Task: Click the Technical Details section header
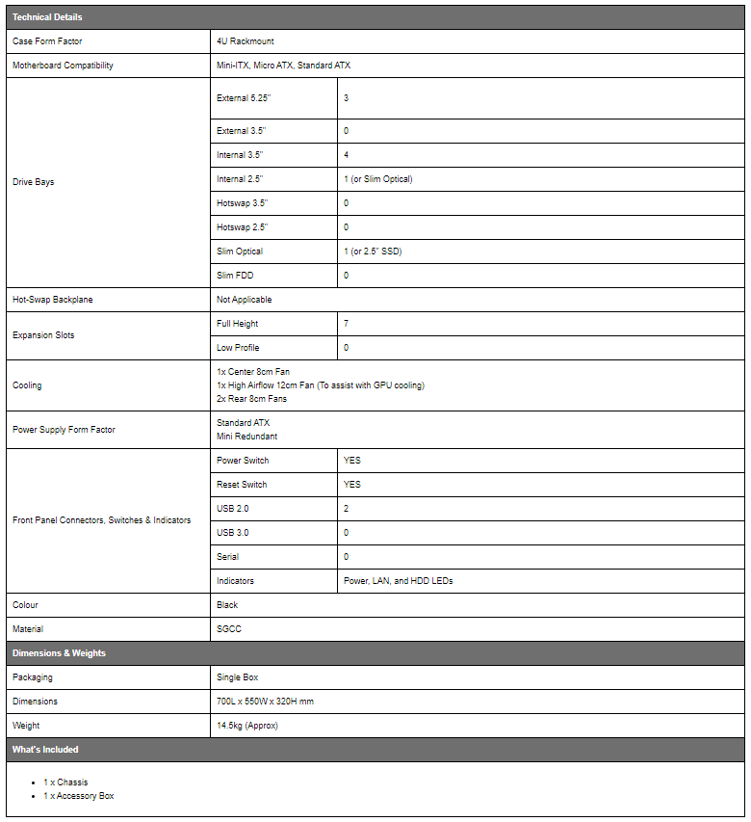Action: (47, 17)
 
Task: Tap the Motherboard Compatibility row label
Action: (63, 66)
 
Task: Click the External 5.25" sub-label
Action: (245, 98)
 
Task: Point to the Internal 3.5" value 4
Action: (347, 154)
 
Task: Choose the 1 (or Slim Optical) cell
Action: (377, 179)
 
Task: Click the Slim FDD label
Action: (235, 276)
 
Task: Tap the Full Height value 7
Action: (347, 324)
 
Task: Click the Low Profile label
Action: (238, 348)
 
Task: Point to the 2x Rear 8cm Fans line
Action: (251, 399)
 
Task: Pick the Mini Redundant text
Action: (246, 437)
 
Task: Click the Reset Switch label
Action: (242, 485)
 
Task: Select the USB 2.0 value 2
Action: (347, 509)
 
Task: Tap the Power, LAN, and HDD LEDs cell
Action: (398, 581)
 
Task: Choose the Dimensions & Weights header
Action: (59, 653)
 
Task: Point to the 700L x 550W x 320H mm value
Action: (265, 702)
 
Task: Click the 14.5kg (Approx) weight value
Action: (248, 726)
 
